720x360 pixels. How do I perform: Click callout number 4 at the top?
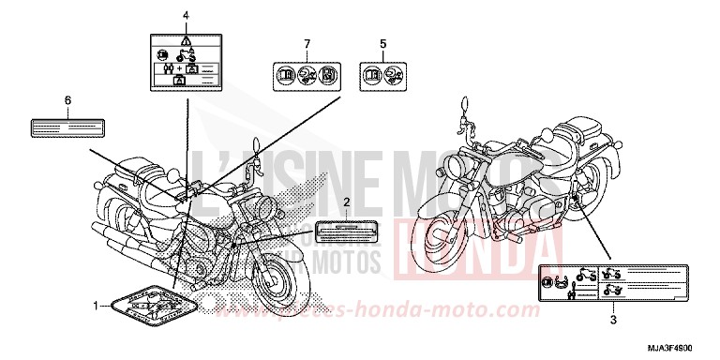tap(186, 16)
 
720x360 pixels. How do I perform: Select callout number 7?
tap(306, 44)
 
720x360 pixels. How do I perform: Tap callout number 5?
tap(382, 44)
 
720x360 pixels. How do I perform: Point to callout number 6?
tap(67, 99)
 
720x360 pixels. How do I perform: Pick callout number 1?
tap(94, 305)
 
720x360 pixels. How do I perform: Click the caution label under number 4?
tap(186, 63)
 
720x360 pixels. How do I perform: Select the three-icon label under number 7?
tap(306, 74)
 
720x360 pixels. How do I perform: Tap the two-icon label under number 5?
tap(382, 74)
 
